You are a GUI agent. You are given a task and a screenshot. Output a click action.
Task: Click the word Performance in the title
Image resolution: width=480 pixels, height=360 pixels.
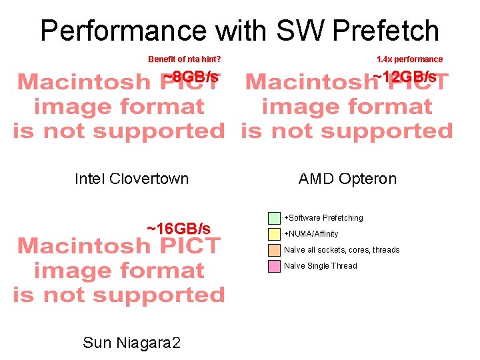[x=123, y=31]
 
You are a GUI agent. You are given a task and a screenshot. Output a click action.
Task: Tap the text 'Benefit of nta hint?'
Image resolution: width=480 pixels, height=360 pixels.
[x=185, y=59]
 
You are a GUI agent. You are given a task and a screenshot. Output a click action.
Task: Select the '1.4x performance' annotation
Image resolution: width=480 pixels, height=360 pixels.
[x=409, y=59]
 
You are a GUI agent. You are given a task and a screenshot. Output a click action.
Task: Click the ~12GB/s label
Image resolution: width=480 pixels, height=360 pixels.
[x=405, y=77]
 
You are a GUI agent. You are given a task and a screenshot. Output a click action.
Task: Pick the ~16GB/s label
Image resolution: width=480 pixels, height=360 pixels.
[x=179, y=229]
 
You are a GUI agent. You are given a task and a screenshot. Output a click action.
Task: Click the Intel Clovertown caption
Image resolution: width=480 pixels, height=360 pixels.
[x=131, y=179]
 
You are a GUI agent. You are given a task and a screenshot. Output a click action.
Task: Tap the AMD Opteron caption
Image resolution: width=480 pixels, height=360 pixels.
[x=347, y=179]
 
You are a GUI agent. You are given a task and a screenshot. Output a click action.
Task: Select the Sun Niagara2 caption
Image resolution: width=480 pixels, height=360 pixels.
[x=131, y=343]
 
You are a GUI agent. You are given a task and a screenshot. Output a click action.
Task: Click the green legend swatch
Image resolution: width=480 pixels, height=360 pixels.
[x=274, y=218]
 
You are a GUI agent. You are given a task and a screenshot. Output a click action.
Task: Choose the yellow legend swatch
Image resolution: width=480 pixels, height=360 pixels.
[x=274, y=234]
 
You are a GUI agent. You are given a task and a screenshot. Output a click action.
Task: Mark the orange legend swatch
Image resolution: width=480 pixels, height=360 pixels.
[x=274, y=250]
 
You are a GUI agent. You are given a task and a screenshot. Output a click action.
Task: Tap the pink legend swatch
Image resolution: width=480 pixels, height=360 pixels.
[x=274, y=266]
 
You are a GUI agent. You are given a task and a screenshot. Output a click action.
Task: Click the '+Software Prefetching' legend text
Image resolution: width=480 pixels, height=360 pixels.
[x=324, y=218]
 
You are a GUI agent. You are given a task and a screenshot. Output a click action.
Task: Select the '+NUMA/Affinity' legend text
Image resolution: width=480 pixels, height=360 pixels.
[x=311, y=234]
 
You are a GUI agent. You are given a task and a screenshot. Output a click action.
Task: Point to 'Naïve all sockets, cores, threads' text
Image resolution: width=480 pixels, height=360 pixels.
[x=342, y=250]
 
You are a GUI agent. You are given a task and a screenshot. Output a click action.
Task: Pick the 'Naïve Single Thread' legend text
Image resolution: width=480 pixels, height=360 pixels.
[x=321, y=266]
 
